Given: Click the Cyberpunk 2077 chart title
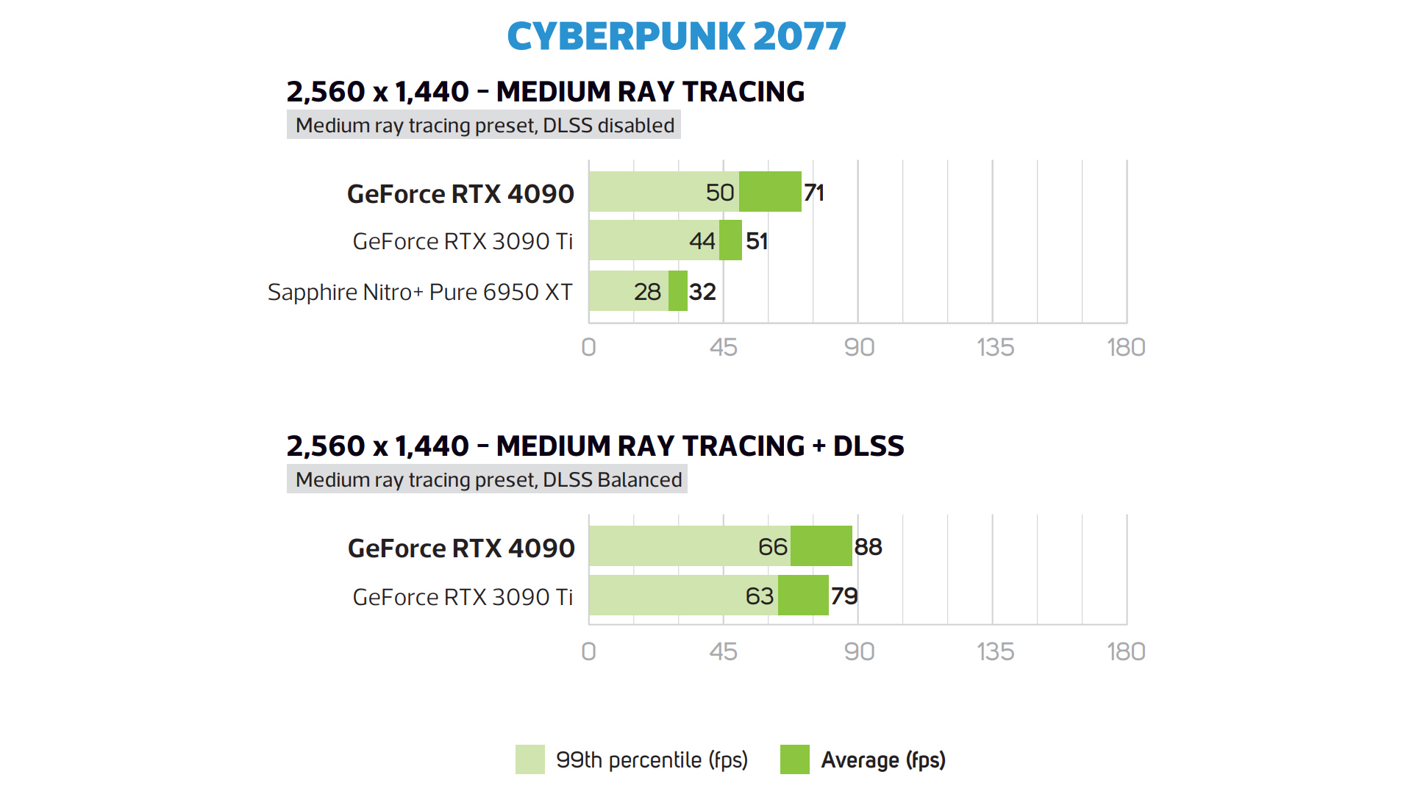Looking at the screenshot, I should coord(677,37).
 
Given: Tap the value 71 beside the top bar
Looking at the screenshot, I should coord(813,193).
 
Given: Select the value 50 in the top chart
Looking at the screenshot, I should coord(720,193).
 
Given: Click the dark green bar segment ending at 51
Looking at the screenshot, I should coord(730,240).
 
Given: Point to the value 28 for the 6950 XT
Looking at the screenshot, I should coord(647,292).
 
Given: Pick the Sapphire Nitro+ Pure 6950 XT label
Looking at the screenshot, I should coord(420,292).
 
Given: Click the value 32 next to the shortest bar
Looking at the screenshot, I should coord(702,292).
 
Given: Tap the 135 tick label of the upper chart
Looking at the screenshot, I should coord(995,347).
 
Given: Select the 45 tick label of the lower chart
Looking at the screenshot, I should coord(723,651).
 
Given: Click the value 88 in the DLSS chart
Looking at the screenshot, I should coord(868,547).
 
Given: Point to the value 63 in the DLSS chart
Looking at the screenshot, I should coord(759,595).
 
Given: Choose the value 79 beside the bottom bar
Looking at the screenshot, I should coord(844,595).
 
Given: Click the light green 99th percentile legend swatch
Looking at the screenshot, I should coord(529,759).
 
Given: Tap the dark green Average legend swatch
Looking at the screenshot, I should coord(794,759).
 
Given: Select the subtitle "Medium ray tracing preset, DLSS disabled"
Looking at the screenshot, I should coord(484,125).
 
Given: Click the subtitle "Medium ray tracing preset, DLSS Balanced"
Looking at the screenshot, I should coord(488,479).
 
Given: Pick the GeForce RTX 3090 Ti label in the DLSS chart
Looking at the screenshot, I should coord(463,597).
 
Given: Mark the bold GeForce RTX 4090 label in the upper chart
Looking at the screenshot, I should coord(460,194).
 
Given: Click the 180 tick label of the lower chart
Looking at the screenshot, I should coord(1126,651).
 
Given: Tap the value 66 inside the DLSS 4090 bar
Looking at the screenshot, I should coord(772,547).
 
